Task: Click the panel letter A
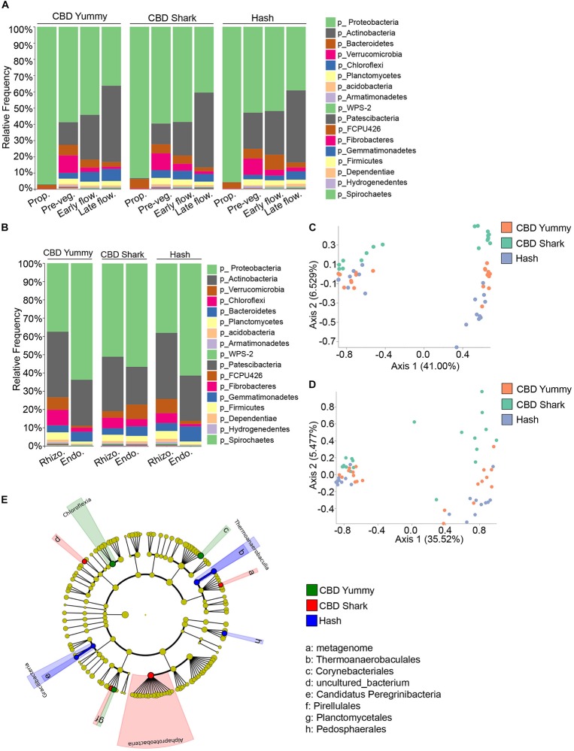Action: click(x=5, y=7)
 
